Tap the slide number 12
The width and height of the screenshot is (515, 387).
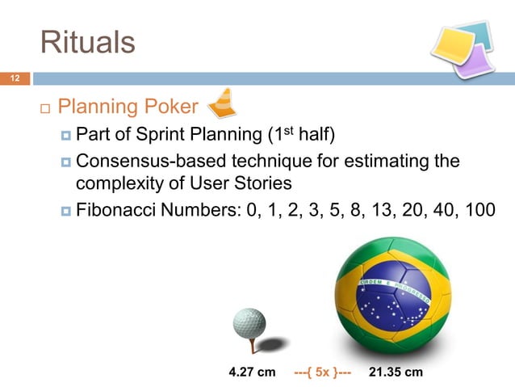pyautogui.click(x=14, y=78)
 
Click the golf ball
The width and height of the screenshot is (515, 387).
pyautogui.click(x=249, y=323)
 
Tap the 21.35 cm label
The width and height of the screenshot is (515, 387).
pyautogui.click(x=396, y=372)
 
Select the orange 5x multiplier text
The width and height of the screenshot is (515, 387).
pyautogui.click(x=323, y=372)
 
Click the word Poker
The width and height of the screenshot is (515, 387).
pyautogui.click(x=170, y=107)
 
